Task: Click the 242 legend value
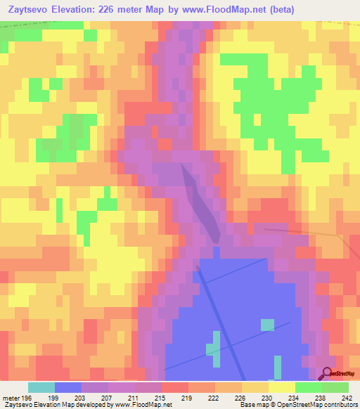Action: point(347,398)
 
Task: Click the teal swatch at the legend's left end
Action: point(41,387)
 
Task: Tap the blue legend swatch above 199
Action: point(68,387)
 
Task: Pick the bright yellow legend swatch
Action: point(282,387)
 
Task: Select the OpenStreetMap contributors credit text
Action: point(319,405)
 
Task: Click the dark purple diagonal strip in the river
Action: point(203,204)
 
